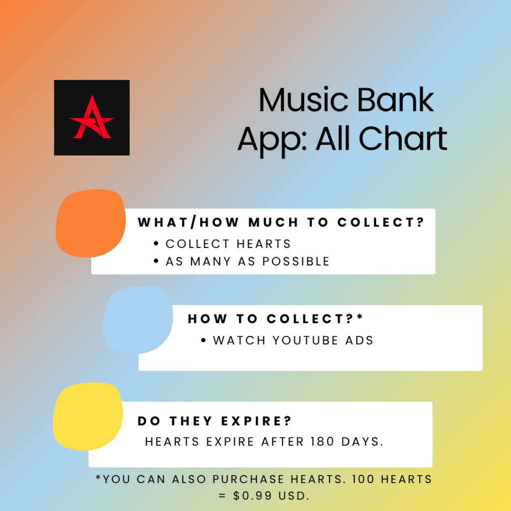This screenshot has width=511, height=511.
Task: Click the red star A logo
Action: click(x=92, y=117)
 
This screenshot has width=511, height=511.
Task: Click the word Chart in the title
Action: click(x=403, y=139)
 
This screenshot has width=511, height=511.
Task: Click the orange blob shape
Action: click(x=91, y=223)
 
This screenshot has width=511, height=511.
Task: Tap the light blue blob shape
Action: click(x=138, y=320)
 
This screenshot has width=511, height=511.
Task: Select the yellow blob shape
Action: click(x=88, y=416)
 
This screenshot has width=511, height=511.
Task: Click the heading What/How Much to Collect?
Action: click(x=281, y=222)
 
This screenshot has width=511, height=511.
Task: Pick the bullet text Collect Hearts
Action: click(x=228, y=244)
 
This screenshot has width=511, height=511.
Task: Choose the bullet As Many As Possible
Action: click(x=248, y=261)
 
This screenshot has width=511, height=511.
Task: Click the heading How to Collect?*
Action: click(x=275, y=318)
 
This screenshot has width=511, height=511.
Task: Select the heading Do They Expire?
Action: click(x=215, y=421)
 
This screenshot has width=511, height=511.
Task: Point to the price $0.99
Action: click(x=253, y=496)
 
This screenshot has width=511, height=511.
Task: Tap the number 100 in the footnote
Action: click(x=363, y=479)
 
